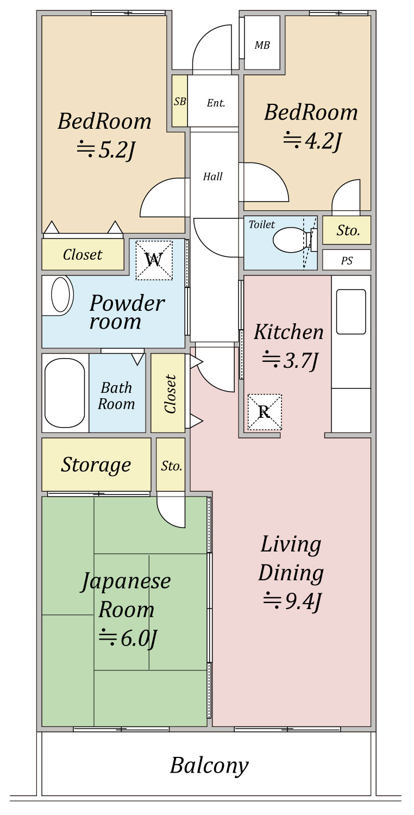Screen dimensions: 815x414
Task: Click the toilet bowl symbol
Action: (290, 240)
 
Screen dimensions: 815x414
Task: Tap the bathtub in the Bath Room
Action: (65, 393)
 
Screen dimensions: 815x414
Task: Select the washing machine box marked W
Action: (154, 260)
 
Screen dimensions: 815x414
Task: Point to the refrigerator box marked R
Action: (265, 412)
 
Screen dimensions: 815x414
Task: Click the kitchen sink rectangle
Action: (351, 311)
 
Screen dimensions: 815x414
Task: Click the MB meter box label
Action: (262, 46)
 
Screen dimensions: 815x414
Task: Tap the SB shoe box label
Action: (180, 101)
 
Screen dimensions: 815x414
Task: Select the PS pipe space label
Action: (347, 261)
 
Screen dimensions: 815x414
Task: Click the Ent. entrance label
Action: (216, 103)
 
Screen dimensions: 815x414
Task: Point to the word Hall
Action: (213, 177)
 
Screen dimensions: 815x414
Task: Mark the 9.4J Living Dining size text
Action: (294, 601)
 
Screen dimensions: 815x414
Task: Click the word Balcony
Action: (209, 766)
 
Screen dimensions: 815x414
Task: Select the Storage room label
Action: (96, 465)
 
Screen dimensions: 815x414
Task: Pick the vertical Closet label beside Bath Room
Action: (170, 394)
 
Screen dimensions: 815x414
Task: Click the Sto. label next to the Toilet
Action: (348, 230)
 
